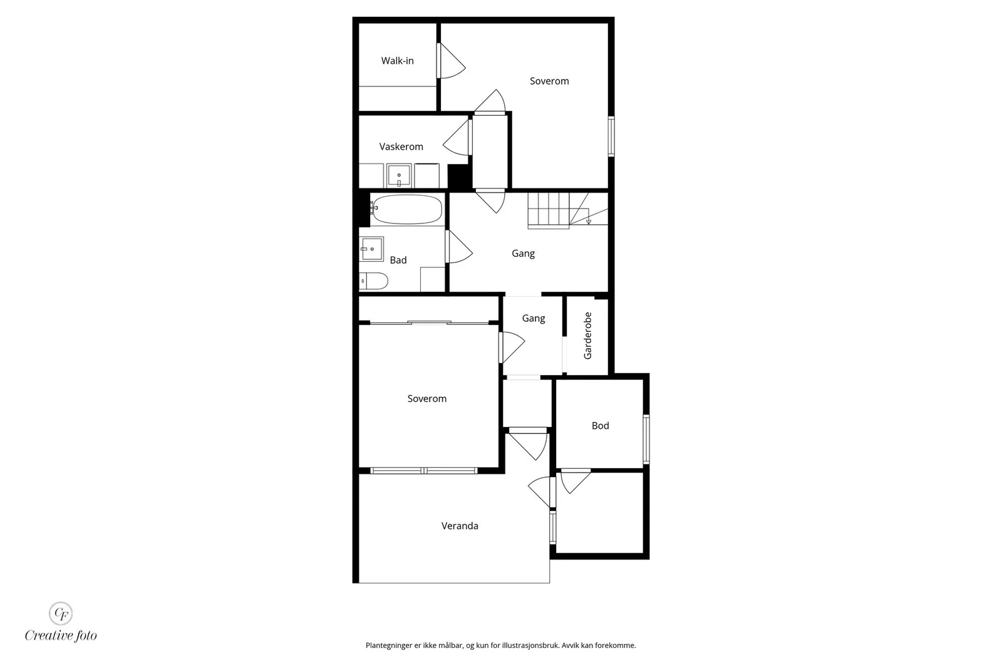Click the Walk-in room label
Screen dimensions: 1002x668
[397, 61]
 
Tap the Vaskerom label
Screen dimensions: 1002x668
[401, 146]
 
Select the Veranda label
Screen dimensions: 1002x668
[460, 526]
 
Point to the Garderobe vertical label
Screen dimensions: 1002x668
[588, 336]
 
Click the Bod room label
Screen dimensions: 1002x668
[601, 426]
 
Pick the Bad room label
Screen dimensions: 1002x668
[398, 260]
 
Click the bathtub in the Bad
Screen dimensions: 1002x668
[406, 209]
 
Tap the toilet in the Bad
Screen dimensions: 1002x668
[373, 281]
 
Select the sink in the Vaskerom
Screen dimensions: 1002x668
[399, 175]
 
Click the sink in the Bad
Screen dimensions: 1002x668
[371, 249]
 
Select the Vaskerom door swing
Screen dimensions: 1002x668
[457, 138]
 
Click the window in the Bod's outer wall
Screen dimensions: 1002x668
[646, 439]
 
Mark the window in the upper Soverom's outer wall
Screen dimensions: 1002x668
[611, 136]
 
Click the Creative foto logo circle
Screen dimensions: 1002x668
[61, 614]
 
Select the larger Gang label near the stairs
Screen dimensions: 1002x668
[523, 254]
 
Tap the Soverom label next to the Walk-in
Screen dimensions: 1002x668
[549, 81]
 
